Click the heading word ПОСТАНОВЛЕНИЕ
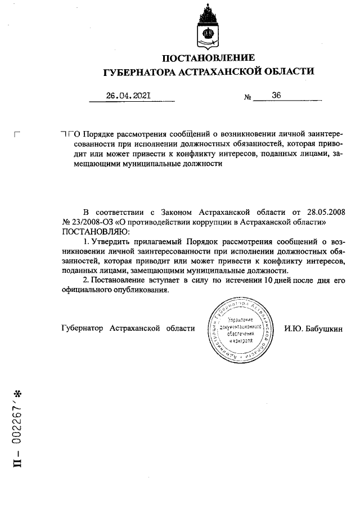pyautogui.click(x=208, y=58)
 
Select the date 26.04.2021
pyautogui.click(x=128, y=96)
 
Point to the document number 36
pyautogui.click(x=276, y=96)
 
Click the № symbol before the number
pyautogui.click(x=247, y=97)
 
